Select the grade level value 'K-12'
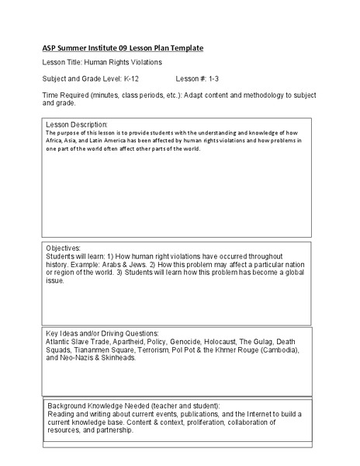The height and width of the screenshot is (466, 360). [x=134, y=79]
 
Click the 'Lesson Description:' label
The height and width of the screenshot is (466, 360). [x=77, y=123]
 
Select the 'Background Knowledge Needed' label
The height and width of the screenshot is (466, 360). [x=112, y=406]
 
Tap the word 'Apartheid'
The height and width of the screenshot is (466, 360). [x=130, y=341]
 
